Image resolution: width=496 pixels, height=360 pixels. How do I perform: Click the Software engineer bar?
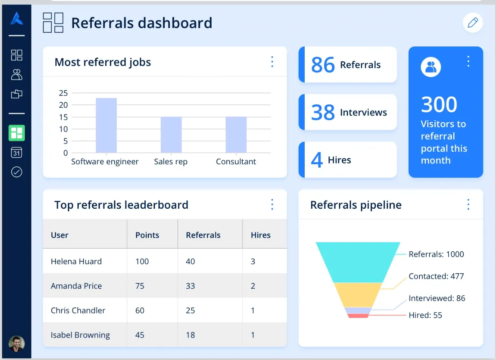click(x=106, y=125)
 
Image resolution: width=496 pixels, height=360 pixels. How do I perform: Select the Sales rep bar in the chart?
click(x=171, y=135)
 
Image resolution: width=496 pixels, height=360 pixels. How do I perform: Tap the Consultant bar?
click(x=236, y=135)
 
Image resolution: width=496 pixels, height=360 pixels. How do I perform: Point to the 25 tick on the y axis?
click(x=63, y=93)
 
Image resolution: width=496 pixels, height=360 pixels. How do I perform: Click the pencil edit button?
click(x=473, y=23)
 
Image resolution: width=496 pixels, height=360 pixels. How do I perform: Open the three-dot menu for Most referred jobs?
click(x=272, y=62)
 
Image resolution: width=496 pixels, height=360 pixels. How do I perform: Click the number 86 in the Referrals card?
click(x=323, y=65)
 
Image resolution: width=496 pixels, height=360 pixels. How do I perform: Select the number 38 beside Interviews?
click(x=323, y=113)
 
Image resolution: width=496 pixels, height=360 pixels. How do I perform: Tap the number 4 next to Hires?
click(x=317, y=160)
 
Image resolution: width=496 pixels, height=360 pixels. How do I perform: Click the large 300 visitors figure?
click(x=439, y=105)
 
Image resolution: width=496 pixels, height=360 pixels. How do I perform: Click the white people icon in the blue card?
click(x=431, y=67)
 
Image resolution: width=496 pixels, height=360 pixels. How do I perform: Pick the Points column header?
click(x=147, y=235)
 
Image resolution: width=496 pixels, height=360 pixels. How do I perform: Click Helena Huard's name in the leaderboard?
click(x=76, y=261)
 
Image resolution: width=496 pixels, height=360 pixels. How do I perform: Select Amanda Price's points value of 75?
click(x=140, y=286)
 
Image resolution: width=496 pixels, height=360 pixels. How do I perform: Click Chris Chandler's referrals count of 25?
click(x=190, y=310)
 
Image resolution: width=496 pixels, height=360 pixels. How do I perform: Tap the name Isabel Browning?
click(x=80, y=335)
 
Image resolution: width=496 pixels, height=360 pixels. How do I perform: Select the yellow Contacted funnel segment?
click(x=358, y=294)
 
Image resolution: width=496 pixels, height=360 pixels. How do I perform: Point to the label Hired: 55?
click(x=425, y=315)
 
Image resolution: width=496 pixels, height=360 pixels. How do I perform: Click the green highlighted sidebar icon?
click(x=17, y=133)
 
